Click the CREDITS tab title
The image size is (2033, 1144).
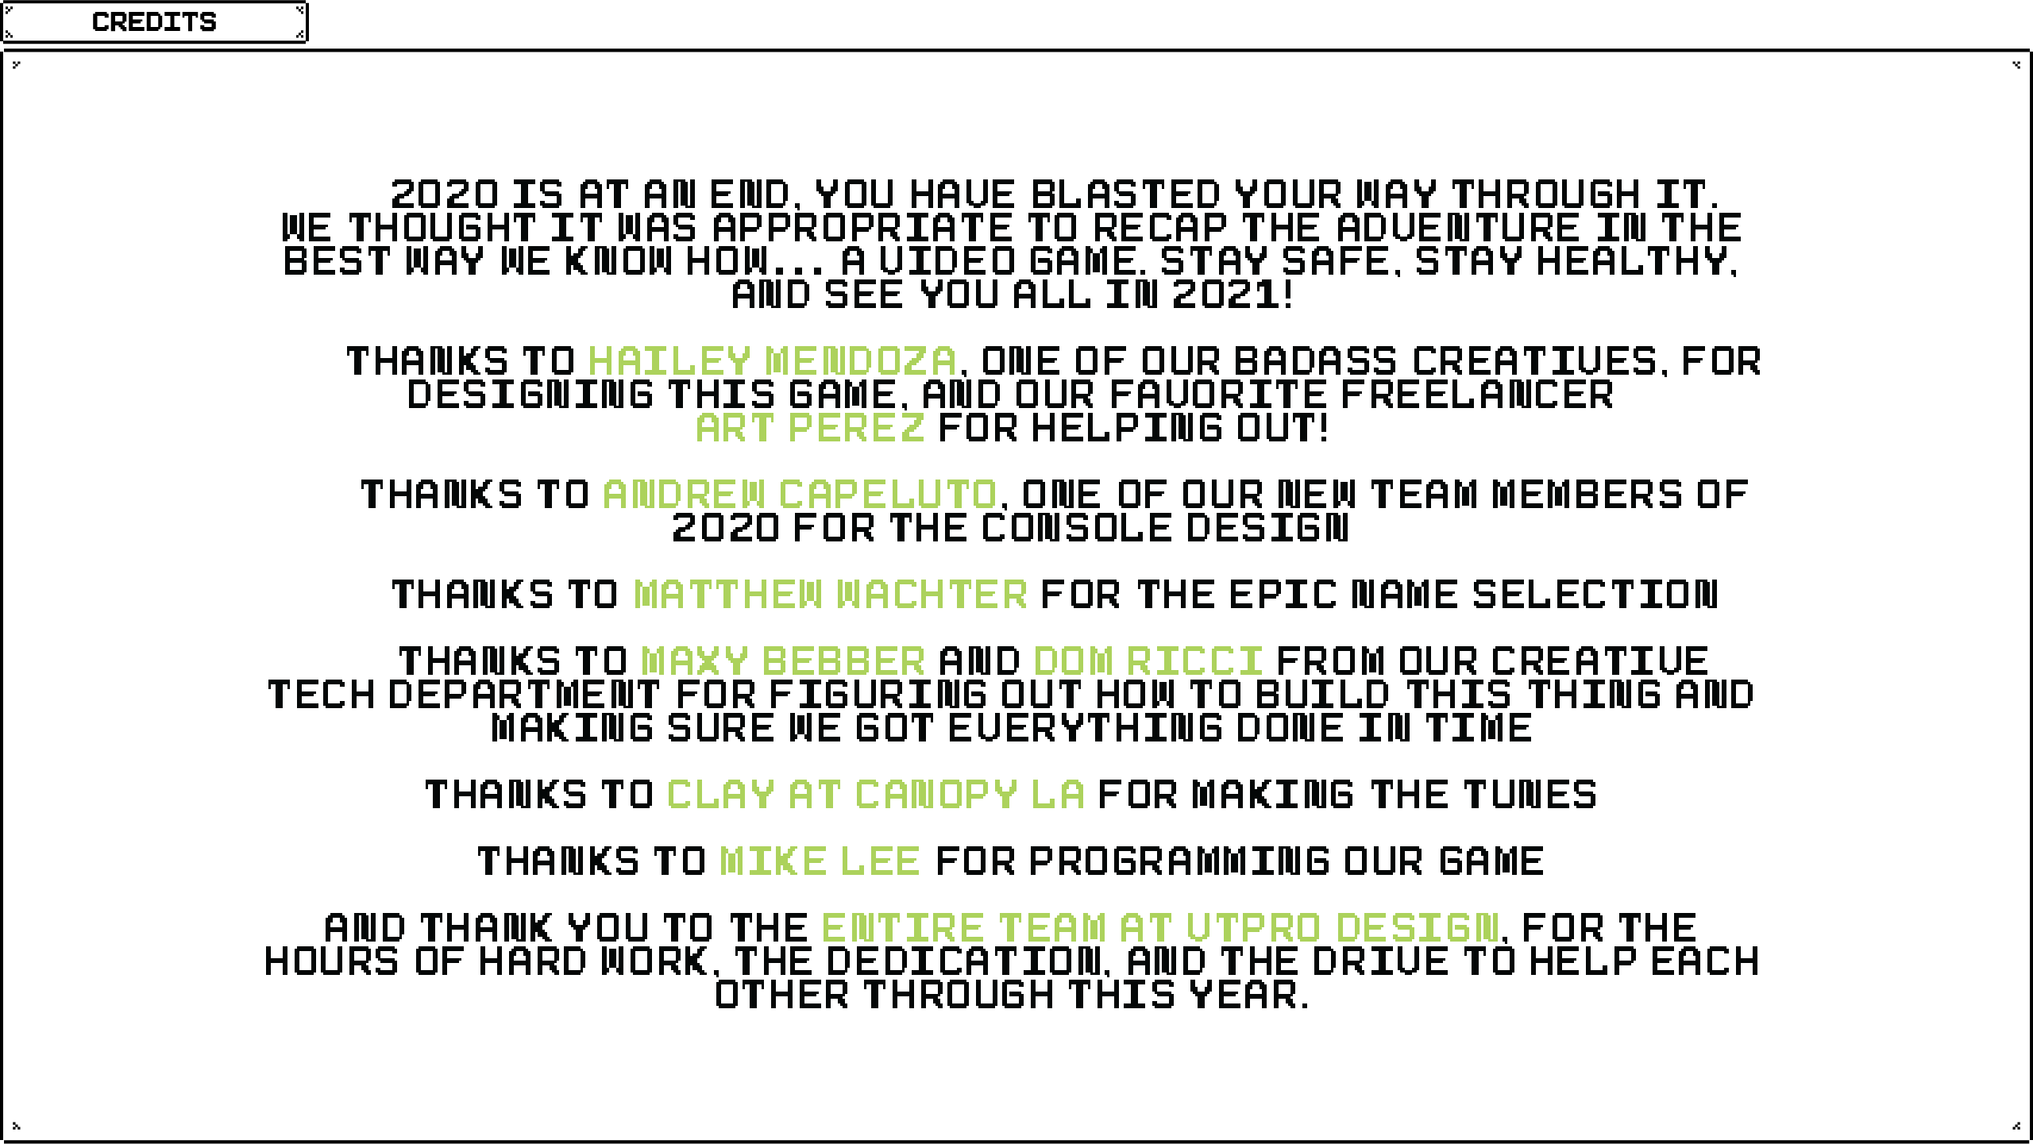pos(154,22)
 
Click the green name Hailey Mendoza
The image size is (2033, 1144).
pos(772,361)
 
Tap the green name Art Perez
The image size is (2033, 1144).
pos(810,428)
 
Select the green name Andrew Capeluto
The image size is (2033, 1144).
pos(799,495)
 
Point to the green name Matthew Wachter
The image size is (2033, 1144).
pos(830,595)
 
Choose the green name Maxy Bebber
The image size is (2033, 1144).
pos(783,661)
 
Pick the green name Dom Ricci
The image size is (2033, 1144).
pos(1148,661)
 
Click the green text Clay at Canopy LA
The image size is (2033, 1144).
pos(875,795)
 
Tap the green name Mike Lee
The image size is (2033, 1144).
pos(820,861)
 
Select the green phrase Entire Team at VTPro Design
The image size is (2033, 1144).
pos(1159,928)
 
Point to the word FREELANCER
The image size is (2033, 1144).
pos(1477,395)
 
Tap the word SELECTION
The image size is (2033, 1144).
pos(1595,595)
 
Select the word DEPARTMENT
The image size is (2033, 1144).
pos(523,695)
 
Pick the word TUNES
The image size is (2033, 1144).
pos(1530,795)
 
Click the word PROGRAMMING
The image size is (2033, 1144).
pos(1179,861)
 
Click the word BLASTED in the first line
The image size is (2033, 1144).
pos(1125,195)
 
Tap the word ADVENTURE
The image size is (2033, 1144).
pos(1458,228)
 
